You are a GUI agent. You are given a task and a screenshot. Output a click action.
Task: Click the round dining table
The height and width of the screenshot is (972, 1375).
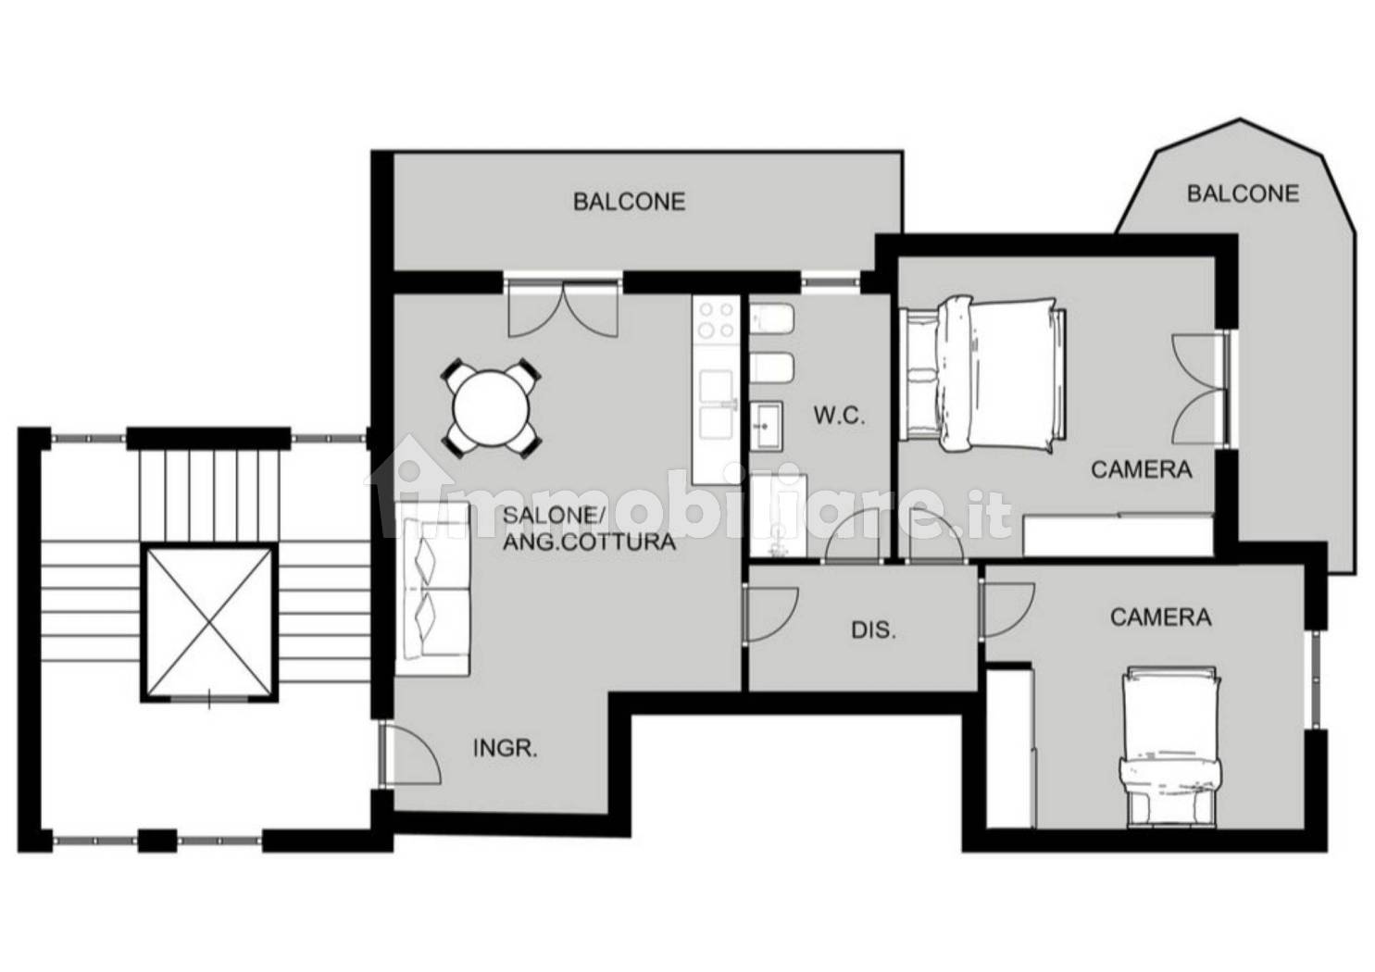point(491,407)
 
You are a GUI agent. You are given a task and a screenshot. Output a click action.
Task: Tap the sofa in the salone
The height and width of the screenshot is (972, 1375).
point(432,589)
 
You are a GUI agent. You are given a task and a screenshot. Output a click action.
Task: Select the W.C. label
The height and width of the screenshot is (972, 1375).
point(839,416)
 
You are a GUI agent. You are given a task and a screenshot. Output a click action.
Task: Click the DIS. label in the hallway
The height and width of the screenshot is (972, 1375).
point(873,630)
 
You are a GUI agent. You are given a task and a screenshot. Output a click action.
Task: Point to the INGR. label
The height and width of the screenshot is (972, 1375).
point(506,749)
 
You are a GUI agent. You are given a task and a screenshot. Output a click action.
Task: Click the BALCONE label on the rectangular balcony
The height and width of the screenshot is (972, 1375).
point(630,202)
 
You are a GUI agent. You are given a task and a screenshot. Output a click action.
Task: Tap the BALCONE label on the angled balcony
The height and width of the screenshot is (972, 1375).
point(1243,193)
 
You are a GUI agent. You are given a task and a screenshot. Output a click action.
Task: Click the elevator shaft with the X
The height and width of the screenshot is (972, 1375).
point(209,623)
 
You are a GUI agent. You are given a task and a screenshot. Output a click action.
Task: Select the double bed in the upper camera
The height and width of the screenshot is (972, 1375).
point(982,376)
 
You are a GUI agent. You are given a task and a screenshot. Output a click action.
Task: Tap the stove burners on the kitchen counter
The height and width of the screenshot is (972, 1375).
point(716,319)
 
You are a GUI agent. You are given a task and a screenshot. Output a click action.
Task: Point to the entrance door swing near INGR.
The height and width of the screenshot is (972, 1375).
point(410,754)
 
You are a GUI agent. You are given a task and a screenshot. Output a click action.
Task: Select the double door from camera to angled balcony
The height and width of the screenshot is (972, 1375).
point(1199,389)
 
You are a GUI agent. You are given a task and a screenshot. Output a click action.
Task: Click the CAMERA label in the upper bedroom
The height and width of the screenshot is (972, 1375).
point(1142,470)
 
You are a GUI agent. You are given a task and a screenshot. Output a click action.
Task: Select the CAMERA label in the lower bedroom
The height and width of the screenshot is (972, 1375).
point(1161,617)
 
